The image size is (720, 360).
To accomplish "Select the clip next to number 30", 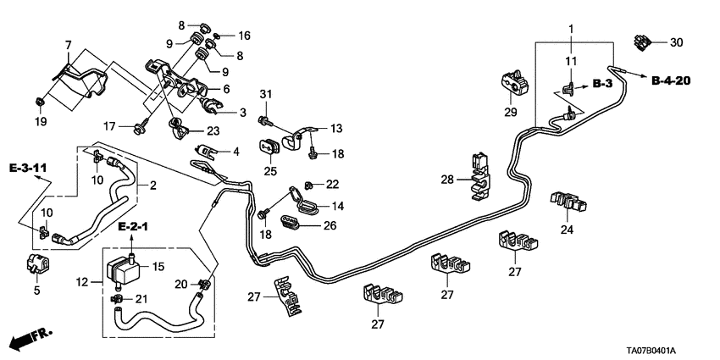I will tap(645, 41).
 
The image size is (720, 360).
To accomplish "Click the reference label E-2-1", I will tap(133, 229).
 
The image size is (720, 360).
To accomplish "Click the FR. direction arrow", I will tap(30, 340).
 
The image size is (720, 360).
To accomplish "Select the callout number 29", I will tap(510, 113).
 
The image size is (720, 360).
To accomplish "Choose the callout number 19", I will tap(39, 122).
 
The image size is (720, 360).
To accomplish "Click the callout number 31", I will tap(264, 93).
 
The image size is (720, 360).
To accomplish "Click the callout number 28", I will tap(447, 180).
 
